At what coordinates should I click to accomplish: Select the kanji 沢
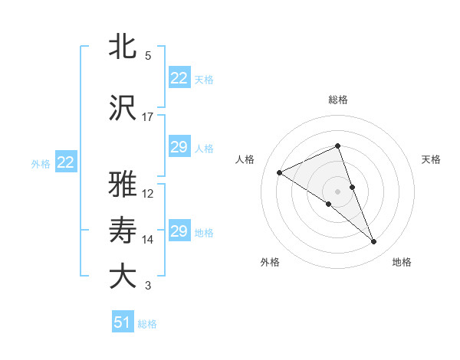click(123, 108)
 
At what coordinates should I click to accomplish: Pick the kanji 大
click(123, 276)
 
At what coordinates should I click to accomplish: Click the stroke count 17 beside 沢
click(148, 117)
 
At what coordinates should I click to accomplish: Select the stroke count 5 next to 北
click(148, 56)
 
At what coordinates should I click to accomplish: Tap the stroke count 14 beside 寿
click(148, 240)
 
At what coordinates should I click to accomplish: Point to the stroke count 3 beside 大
click(148, 286)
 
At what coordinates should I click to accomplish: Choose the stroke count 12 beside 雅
click(148, 194)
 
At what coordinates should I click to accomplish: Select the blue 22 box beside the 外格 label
click(66, 162)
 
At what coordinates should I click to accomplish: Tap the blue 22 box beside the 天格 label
click(179, 78)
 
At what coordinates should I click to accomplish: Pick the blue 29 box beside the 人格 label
click(179, 147)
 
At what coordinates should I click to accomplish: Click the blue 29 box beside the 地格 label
click(179, 231)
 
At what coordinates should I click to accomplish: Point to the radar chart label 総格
click(337, 100)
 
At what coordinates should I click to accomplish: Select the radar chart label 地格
click(402, 262)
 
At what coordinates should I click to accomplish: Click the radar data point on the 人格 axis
click(280, 172)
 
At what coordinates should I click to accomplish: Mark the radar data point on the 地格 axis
click(374, 242)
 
